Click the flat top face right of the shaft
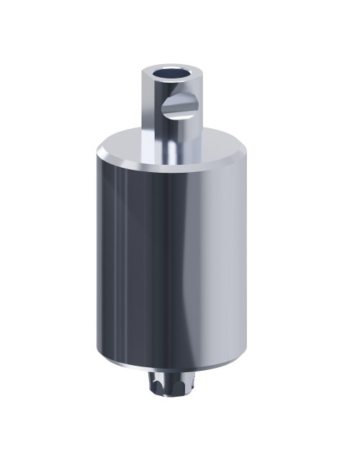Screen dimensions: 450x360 point(216,148)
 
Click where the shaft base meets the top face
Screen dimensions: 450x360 point(171,160)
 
